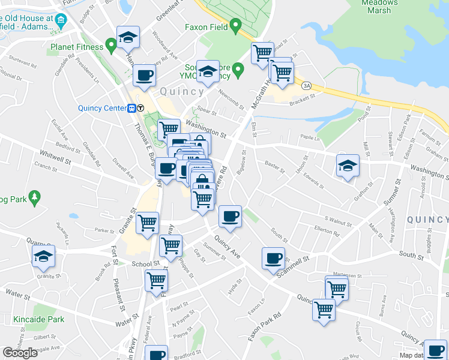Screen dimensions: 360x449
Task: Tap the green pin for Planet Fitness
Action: coord(110,44)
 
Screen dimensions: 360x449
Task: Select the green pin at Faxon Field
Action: coord(235,26)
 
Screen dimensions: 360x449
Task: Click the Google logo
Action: coord(20,353)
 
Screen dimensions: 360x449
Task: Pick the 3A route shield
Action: coord(307,86)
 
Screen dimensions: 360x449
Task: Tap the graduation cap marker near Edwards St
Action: coord(348,166)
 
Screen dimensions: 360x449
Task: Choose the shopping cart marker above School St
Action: coord(171,244)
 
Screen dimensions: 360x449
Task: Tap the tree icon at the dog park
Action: coord(35,196)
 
